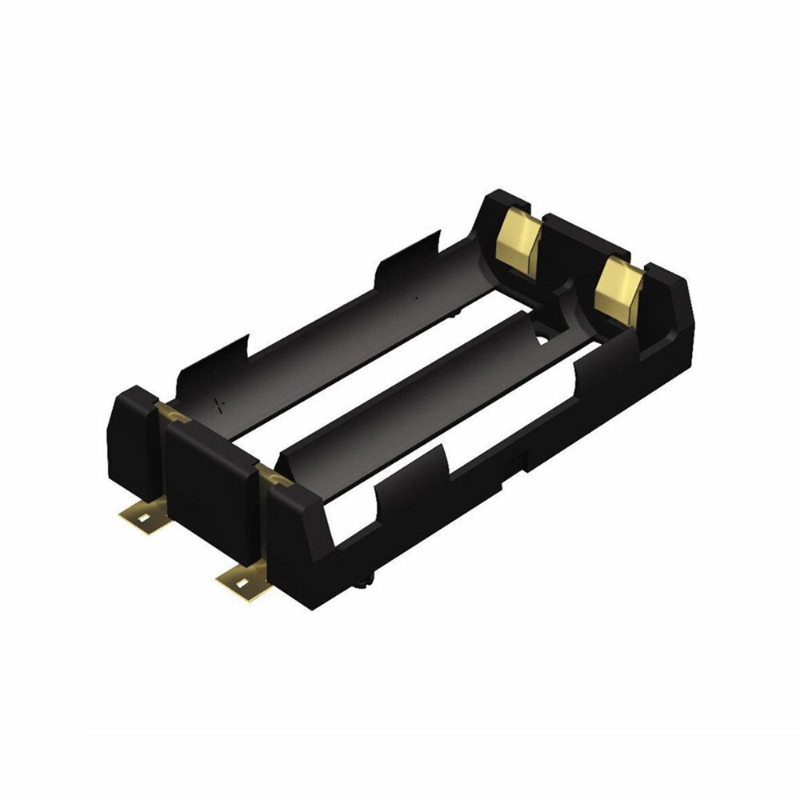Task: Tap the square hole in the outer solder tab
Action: pyautogui.click(x=142, y=518)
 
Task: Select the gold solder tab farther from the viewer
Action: pyautogui.click(x=144, y=516)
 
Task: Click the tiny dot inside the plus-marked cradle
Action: pyautogui.click(x=415, y=298)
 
